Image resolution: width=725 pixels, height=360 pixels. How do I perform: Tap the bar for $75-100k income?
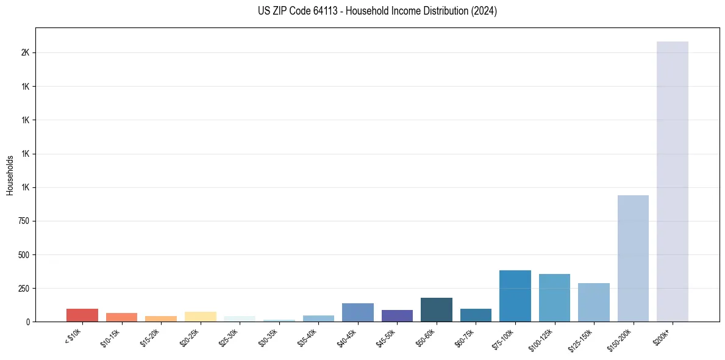pyautogui.click(x=515, y=296)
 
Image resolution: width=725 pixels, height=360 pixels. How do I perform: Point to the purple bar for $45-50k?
pyautogui.click(x=397, y=315)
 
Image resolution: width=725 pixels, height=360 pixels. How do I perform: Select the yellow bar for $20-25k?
pyautogui.click(x=200, y=317)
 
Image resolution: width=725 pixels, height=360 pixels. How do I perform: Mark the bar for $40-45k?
pyautogui.click(x=357, y=312)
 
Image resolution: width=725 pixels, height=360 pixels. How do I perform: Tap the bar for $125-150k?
pyautogui.click(x=593, y=302)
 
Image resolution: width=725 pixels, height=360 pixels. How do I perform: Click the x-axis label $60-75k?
pyautogui.click(x=466, y=337)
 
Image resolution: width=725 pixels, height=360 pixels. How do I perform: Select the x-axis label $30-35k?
pyautogui.click(x=270, y=337)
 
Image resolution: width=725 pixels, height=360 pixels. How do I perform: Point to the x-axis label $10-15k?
pyautogui.click(x=112, y=337)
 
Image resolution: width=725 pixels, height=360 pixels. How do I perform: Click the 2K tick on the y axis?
pyautogui.click(x=25, y=53)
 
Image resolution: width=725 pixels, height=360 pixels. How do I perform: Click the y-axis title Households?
pyautogui.click(x=10, y=175)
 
